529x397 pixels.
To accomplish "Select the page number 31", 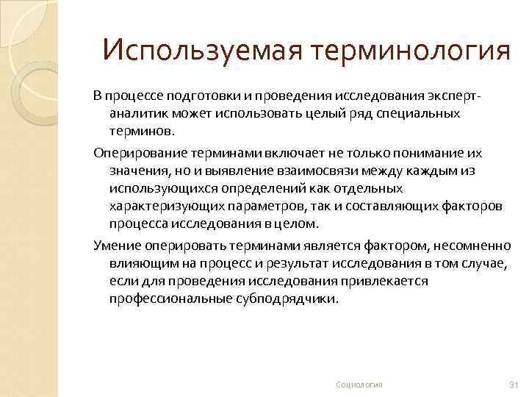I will (514, 385).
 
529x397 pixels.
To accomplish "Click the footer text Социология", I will (359, 385).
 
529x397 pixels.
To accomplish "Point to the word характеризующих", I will (163, 206).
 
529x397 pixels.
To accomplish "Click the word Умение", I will (115, 244).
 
